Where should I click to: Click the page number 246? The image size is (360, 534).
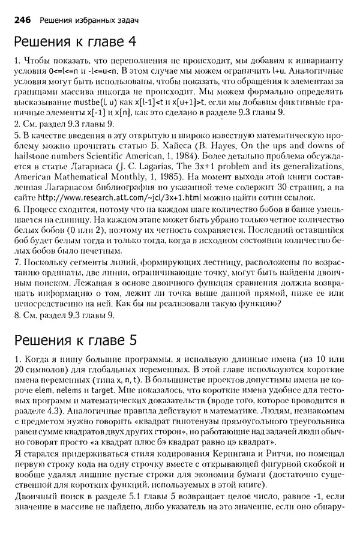tap(23, 19)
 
